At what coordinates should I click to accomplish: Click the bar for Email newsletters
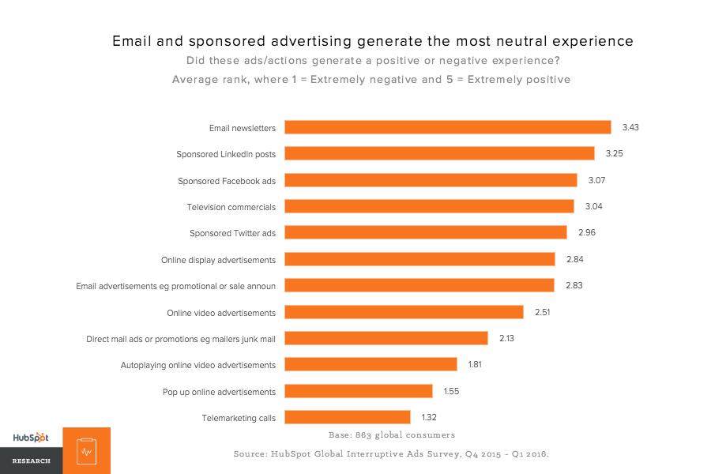(x=447, y=127)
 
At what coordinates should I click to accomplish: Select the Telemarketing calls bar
(x=347, y=417)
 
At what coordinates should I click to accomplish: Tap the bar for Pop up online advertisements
(x=358, y=391)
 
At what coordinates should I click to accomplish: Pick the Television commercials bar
(x=429, y=206)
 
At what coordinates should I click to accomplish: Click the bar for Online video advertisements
(x=404, y=312)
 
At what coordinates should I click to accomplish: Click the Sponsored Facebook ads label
(x=227, y=181)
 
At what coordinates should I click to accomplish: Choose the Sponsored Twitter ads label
(x=232, y=233)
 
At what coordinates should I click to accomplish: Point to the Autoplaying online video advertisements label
(x=197, y=365)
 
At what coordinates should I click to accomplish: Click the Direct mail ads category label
(x=181, y=339)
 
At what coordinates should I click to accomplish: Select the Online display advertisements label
(x=218, y=260)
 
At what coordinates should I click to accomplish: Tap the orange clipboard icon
(x=86, y=451)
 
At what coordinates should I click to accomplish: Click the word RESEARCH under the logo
(x=31, y=461)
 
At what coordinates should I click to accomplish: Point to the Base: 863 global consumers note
(x=391, y=434)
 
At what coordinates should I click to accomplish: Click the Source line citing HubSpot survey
(x=391, y=453)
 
